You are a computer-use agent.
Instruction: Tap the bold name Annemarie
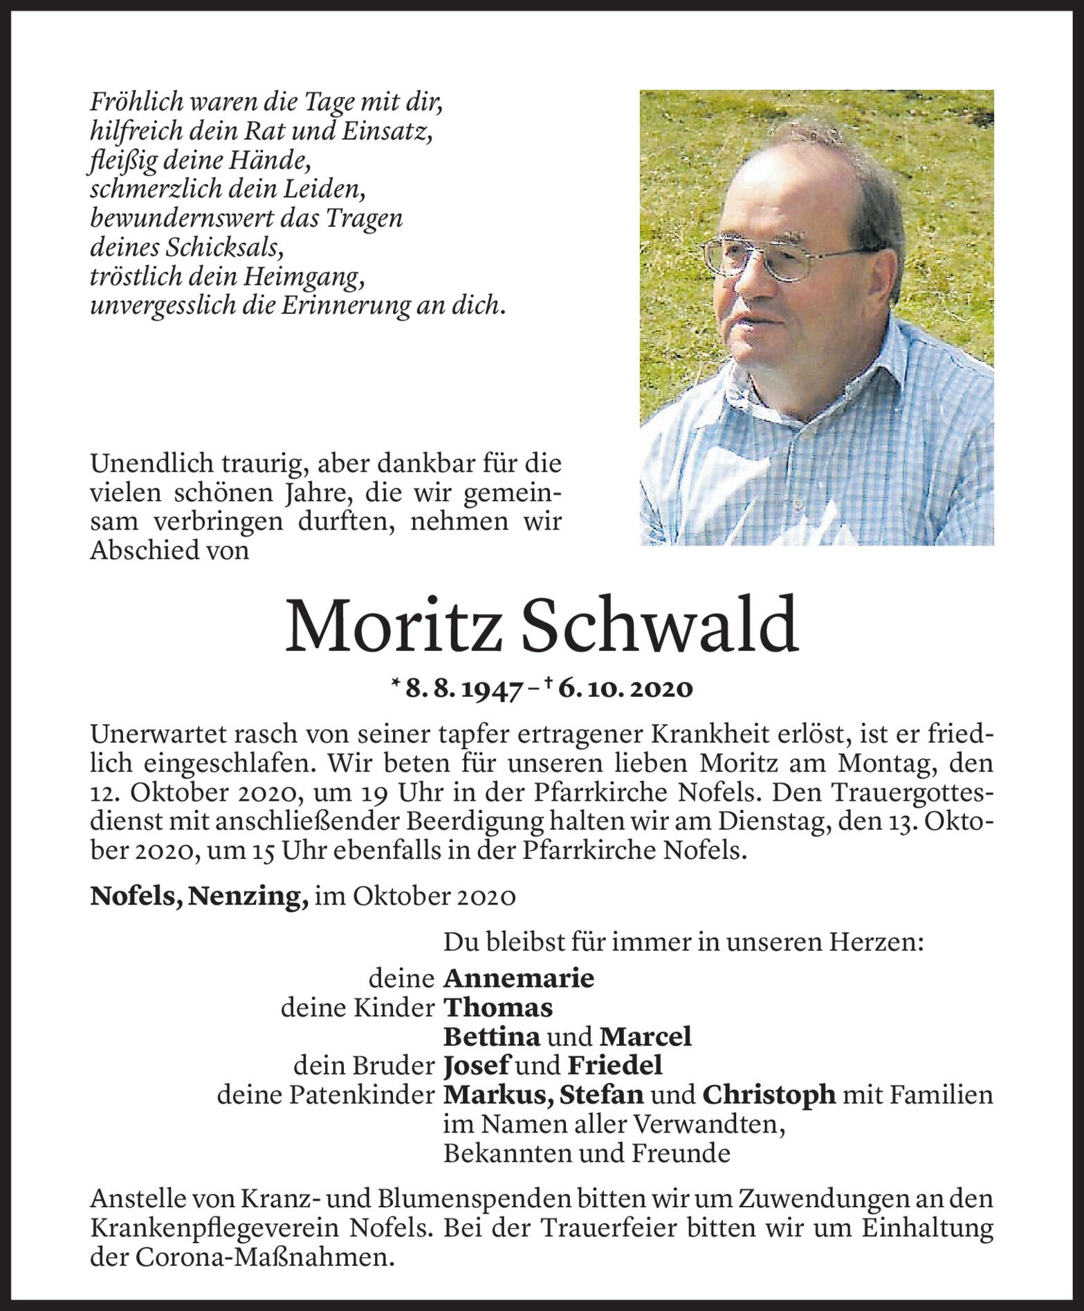coord(518,978)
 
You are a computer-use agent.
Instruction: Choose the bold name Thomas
coord(497,1007)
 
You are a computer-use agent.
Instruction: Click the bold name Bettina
coord(490,1036)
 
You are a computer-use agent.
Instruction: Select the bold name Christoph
coord(769,1095)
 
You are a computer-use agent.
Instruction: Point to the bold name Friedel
coord(614,1066)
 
